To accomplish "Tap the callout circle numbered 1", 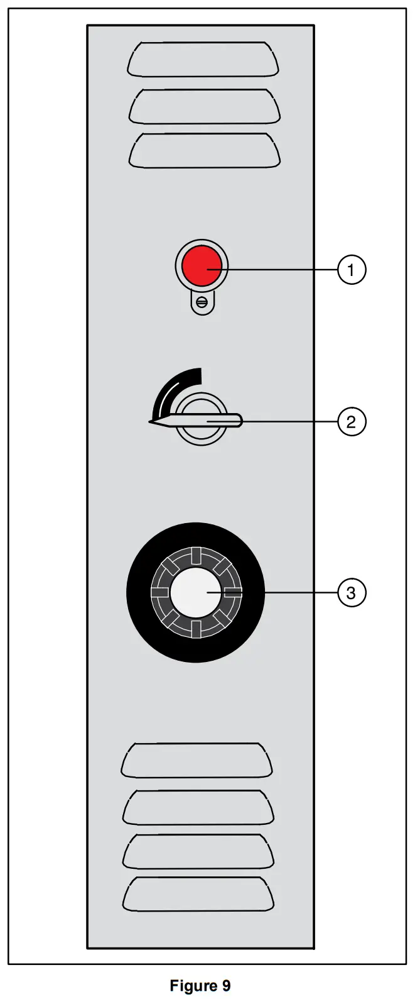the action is tap(351, 270).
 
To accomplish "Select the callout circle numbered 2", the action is tap(351, 421).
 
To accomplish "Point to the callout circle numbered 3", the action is tap(351, 593).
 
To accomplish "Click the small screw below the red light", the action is tap(202, 302).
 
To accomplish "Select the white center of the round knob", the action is tap(195, 593).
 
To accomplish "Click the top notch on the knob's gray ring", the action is tap(195, 556).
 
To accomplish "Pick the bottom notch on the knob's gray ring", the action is tap(195, 629).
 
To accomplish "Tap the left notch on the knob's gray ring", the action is tap(159, 593).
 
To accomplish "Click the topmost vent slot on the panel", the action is tap(203, 59).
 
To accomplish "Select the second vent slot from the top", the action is tap(204, 106).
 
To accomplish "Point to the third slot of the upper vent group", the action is tap(204, 151).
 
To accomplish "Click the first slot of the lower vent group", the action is tap(197, 760).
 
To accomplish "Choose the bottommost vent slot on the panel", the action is tap(198, 894).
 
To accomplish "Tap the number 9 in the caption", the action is tap(226, 986).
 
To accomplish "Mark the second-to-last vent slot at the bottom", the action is tap(198, 851).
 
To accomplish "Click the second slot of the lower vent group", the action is tap(198, 807).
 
